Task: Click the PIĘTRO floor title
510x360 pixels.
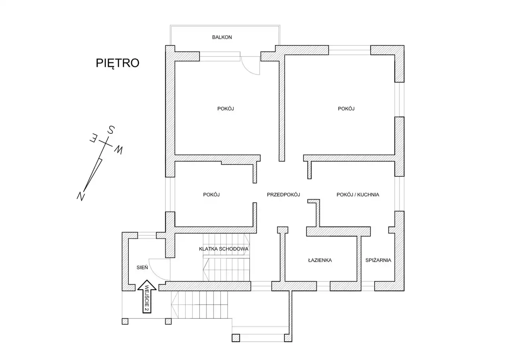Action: [118, 63]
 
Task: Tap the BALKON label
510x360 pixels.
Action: [222, 37]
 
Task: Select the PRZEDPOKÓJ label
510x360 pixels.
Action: [283, 195]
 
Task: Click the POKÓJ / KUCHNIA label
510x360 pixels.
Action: [358, 195]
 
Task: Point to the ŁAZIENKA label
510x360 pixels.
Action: [320, 260]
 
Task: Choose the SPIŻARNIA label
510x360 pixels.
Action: [378, 260]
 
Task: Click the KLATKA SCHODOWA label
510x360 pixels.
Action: [224, 249]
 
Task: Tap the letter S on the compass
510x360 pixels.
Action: [112, 130]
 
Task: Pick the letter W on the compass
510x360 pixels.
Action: [118, 150]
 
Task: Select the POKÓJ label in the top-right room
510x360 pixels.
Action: [346, 109]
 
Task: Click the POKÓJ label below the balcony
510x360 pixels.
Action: [226, 109]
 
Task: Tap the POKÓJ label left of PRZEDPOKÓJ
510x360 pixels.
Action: [212, 195]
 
